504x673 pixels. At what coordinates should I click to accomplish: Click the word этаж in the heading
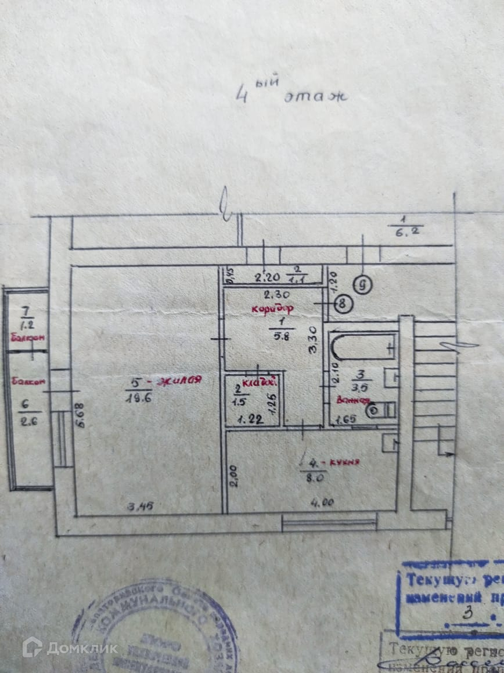315,97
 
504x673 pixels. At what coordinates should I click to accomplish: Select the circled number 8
344,302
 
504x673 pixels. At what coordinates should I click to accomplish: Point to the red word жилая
178,381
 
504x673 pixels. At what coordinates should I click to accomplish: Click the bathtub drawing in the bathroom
363,347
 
